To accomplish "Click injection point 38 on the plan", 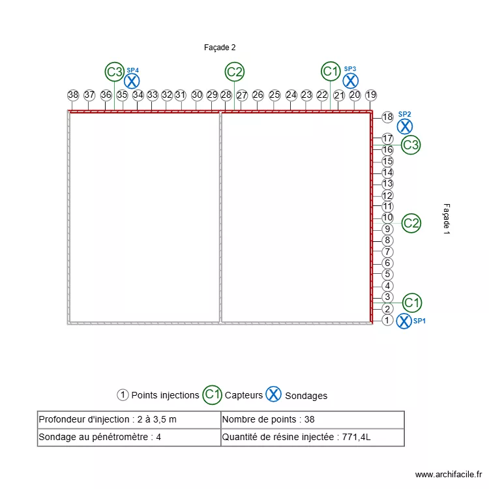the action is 73,95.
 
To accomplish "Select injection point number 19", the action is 371,95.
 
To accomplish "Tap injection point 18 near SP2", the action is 387,117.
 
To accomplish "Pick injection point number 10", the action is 387,218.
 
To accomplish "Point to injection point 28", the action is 226,95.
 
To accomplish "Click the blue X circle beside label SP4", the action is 132,81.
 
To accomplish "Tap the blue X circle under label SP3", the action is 351,80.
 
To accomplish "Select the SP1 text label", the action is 419,321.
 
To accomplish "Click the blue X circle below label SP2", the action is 405,126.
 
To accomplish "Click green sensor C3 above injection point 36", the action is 115,72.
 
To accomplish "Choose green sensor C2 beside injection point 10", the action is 411,224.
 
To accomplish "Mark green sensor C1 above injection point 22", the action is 331,71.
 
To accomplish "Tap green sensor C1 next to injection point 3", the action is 411,303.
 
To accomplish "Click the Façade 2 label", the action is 220,48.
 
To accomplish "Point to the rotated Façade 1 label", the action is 447,218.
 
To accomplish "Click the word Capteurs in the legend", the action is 244,395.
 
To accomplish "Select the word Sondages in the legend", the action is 306,396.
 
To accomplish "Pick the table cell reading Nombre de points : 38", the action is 312,420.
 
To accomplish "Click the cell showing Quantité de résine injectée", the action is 312,437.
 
